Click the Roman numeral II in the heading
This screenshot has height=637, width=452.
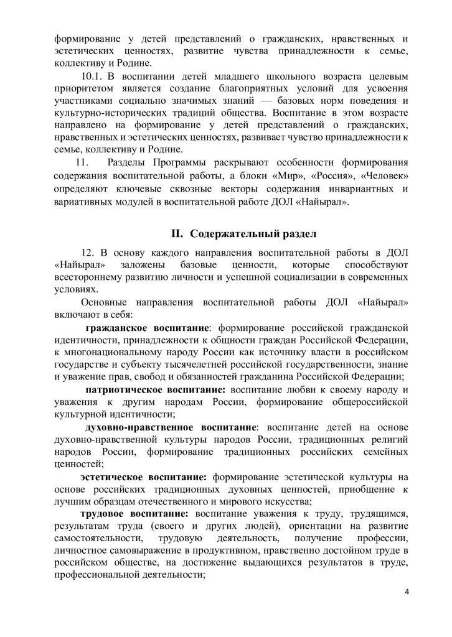(177, 234)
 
